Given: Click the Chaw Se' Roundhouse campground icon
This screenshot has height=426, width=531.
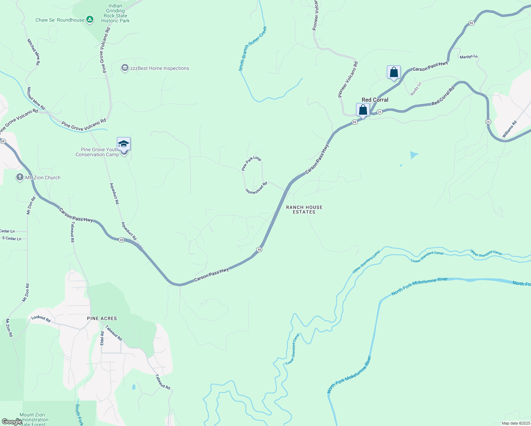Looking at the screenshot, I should point(90,20).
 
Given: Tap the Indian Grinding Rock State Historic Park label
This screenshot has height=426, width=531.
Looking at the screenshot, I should point(115,13).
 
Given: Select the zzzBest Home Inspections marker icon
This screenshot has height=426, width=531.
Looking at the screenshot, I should point(125,68).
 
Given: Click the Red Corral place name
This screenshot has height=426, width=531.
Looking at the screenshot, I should point(375,100).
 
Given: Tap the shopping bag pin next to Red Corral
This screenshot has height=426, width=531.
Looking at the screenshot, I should point(363,110).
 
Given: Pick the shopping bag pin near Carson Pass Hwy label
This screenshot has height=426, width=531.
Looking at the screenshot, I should point(394,72).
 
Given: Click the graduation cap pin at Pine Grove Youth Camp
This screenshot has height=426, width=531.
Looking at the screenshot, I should point(124,144).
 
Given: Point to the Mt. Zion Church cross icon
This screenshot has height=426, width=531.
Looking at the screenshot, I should point(20,177).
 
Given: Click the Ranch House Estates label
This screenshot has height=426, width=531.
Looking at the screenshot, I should point(304,209).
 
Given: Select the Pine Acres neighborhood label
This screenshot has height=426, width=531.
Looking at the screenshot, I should point(102,318).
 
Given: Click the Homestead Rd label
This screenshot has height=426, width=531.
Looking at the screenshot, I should point(256,188).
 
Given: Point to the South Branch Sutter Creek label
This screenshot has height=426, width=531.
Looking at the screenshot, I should point(252,49).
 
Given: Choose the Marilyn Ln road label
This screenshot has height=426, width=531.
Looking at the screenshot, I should point(469,57).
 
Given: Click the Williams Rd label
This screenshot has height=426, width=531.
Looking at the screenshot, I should point(509,129).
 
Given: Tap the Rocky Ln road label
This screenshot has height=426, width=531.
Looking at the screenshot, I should point(416,89).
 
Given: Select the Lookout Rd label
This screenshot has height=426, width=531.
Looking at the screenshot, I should point(41,318).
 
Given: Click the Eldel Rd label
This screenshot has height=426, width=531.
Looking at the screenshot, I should point(102,338).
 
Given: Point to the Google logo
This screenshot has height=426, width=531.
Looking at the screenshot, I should point(11,421).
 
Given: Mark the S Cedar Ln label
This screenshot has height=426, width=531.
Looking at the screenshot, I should point(12,239).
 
